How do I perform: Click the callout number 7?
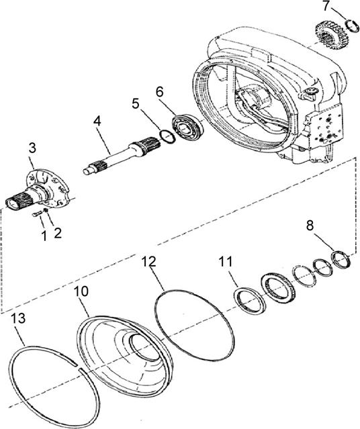pyautogui.click(x=326, y=6)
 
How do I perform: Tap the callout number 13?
pyautogui.click(x=18, y=318)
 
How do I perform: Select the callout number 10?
pyautogui.click(x=81, y=291)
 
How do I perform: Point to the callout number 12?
pyautogui.click(x=149, y=262)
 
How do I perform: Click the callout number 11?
pyautogui.click(x=225, y=262)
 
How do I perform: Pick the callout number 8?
pyautogui.click(x=310, y=226)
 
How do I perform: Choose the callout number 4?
pyautogui.click(x=97, y=121)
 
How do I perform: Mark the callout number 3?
pyautogui.click(x=32, y=148)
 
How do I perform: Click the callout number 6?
pyautogui.click(x=160, y=92)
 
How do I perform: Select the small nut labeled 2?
pyautogui.click(x=46, y=210)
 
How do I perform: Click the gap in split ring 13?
pyautogui.click(x=77, y=367)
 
